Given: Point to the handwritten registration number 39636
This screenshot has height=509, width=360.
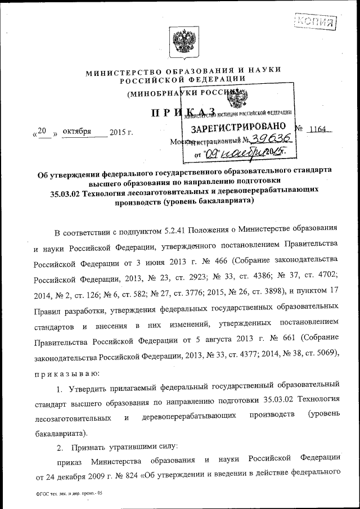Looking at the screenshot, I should [271, 139].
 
